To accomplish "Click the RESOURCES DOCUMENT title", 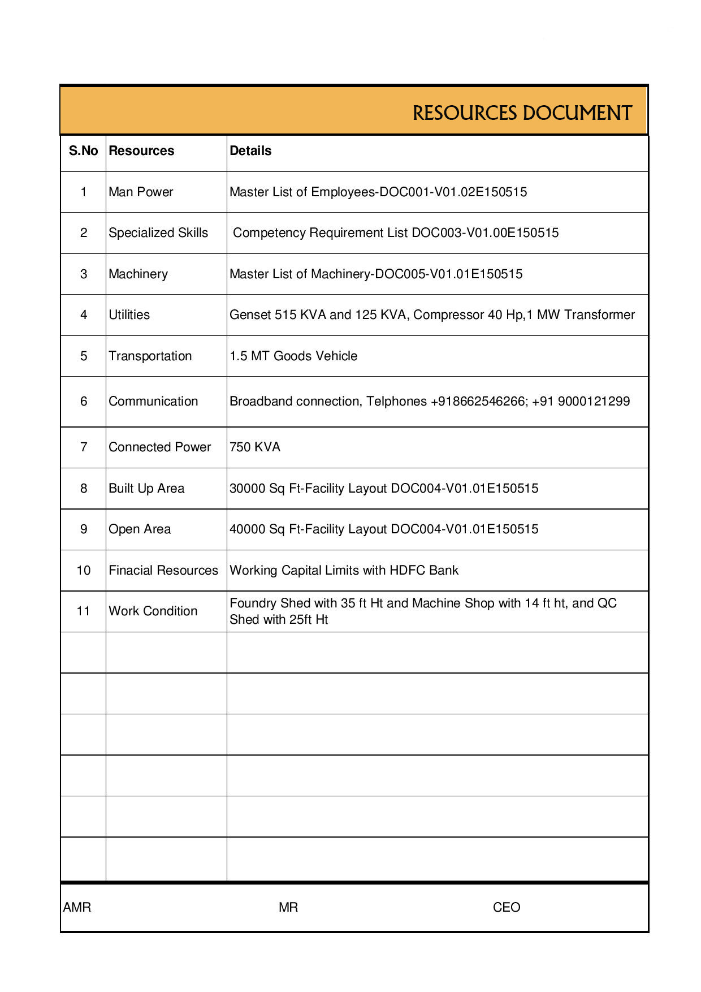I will (522, 113).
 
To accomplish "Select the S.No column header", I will (83, 151).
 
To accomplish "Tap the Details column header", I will (250, 151).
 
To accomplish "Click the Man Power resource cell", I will (141, 192).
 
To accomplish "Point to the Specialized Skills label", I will (158, 233).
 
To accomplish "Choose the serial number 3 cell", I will (84, 274).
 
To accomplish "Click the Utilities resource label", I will (129, 315).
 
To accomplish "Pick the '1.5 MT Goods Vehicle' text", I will (293, 356).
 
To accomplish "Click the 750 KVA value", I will (255, 447).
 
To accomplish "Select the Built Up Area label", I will (146, 489).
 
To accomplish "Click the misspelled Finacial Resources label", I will (163, 571).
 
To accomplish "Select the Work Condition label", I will (153, 611).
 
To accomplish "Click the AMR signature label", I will (77, 908).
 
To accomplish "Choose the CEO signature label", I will (507, 908).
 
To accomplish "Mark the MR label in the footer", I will (288, 908).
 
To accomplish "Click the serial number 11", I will (84, 611).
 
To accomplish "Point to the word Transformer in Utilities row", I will (600, 315).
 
